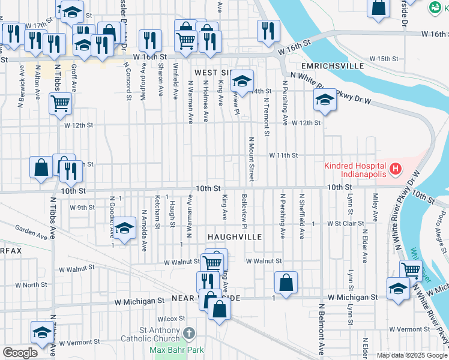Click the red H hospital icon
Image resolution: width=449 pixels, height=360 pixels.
pos(395,170)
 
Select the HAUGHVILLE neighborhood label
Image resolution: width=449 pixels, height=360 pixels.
pos(235,237)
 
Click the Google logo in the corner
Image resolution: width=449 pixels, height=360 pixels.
pos(20,352)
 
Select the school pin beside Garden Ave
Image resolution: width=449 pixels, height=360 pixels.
pos(124,228)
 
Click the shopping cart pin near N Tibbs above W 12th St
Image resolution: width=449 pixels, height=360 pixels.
pos(60,103)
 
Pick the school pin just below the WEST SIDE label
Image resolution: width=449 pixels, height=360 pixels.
pos(241,80)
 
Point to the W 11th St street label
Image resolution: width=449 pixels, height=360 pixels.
pos(283,155)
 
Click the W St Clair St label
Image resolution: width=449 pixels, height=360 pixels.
pos(345,223)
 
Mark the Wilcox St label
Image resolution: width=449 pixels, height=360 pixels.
pos(170,319)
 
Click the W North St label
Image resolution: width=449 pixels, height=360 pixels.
pos(31,285)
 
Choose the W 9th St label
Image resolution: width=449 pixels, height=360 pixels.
pos(82,208)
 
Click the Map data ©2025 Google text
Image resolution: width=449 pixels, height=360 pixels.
pos(411,355)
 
